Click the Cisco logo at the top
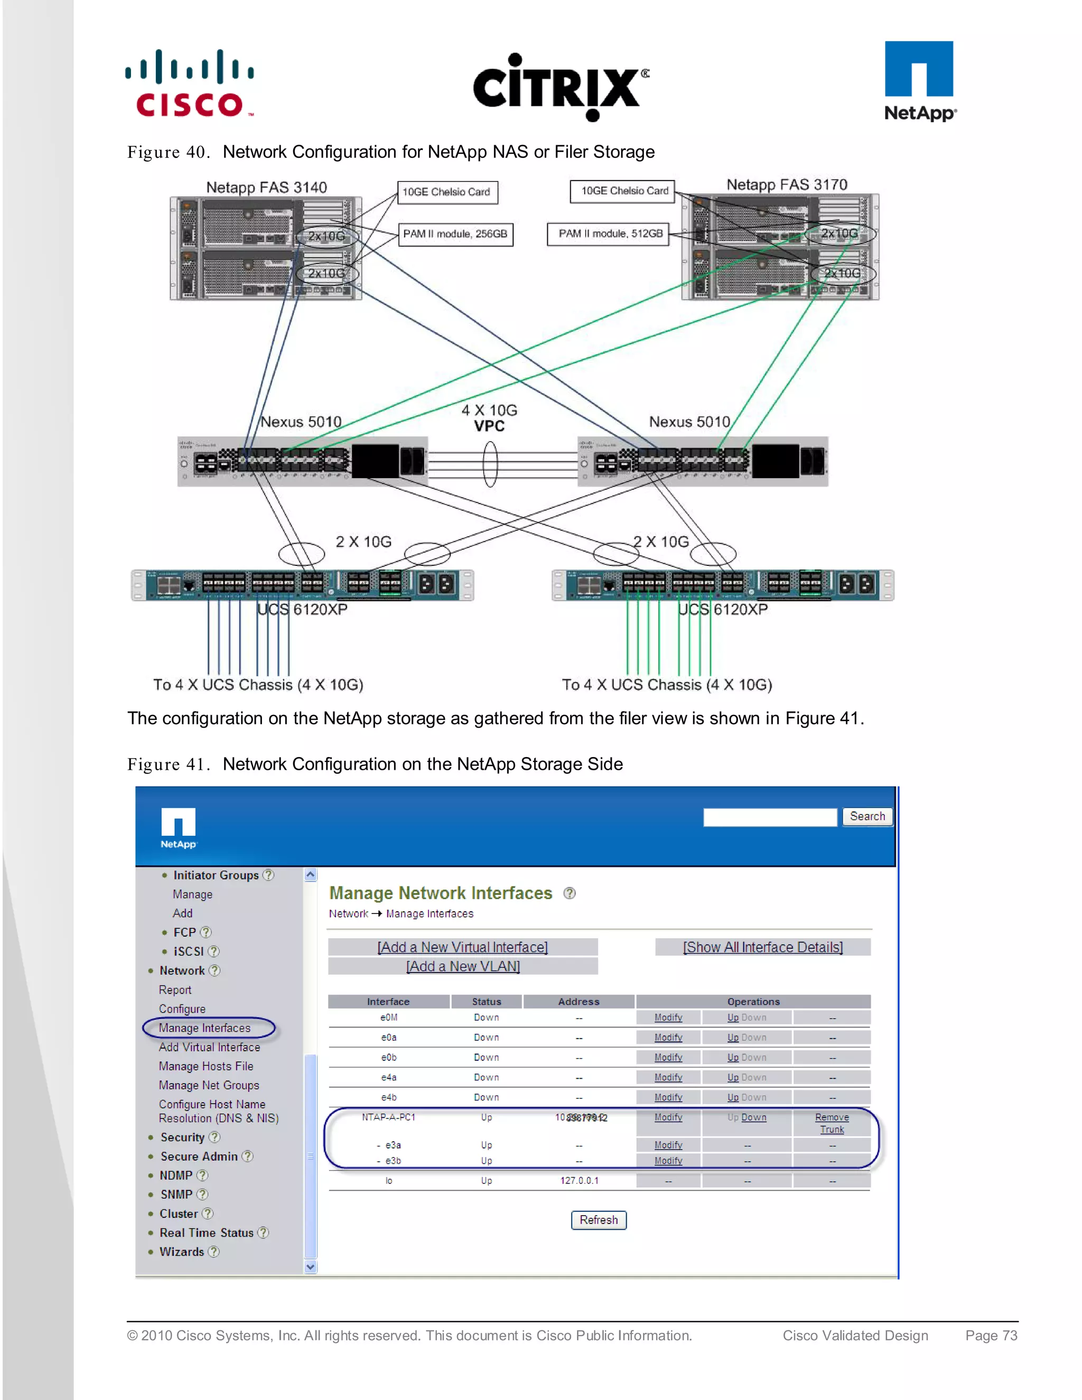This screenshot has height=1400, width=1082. (190, 83)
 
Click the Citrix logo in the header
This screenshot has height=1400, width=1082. (560, 87)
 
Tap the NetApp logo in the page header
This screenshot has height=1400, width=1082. (919, 81)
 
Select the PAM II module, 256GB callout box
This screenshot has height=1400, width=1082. (454, 234)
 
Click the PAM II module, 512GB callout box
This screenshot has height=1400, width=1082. (610, 234)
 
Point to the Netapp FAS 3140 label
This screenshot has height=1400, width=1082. (266, 187)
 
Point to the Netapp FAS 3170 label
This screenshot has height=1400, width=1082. (787, 184)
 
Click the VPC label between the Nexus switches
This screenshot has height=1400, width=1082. (489, 426)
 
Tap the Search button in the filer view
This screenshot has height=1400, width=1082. (866, 816)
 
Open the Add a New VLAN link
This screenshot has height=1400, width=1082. (463, 966)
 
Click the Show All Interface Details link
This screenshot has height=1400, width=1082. (762, 947)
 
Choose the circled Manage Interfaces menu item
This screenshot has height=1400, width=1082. (205, 1028)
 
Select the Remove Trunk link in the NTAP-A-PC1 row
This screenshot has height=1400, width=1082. (832, 1123)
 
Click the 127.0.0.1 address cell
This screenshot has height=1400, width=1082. (579, 1180)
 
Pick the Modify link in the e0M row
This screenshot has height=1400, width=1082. (668, 1018)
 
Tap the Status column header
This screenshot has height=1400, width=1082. (487, 1001)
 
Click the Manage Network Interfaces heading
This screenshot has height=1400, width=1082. (441, 893)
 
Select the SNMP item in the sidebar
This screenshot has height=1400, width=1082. (176, 1194)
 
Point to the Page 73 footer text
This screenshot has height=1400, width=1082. (991, 1335)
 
